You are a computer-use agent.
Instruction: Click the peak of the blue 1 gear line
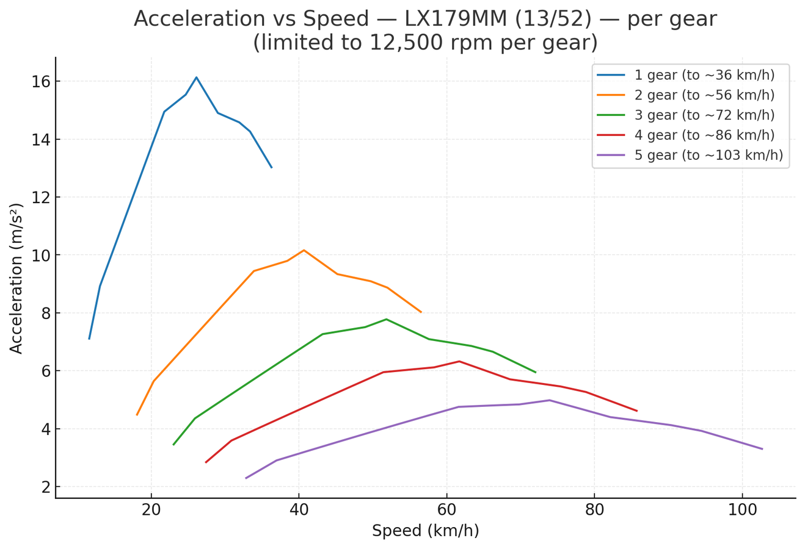pyautogui.click(x=196, y=77)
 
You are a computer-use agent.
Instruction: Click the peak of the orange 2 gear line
pyautogui.click(x=304, y=250)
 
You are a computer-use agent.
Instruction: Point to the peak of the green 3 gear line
pyautogui.click(x=387, y=319)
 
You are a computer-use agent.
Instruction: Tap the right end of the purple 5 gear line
pyautogui.click(x=762, y=449)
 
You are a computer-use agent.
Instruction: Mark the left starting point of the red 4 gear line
pyautogui.click(x=206, y=462)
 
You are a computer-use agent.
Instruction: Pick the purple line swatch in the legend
pyautogui.click(x=611, y=155)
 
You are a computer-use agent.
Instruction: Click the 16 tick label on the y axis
pyautogui.click(x=40, y=82)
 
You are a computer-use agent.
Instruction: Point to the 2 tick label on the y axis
pyautogui.click(x=46, y=487)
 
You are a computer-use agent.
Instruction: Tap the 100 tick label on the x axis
pyautogui.click(x=743, y=510)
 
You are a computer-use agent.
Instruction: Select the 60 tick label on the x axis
pyautogui.click(x=446, y=510)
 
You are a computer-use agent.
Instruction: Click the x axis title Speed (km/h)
pyautogui.click(x=426, y=531)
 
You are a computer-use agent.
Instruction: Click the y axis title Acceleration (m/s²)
pyautogui.click(x=16, y=278)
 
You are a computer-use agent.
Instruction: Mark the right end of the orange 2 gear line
pyautogui.click(x=421, y=312)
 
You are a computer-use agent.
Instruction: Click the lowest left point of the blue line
pyautogui.click(x=89, y=339)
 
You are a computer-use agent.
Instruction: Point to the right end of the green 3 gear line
pyautogui.click(x=536, y=373)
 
